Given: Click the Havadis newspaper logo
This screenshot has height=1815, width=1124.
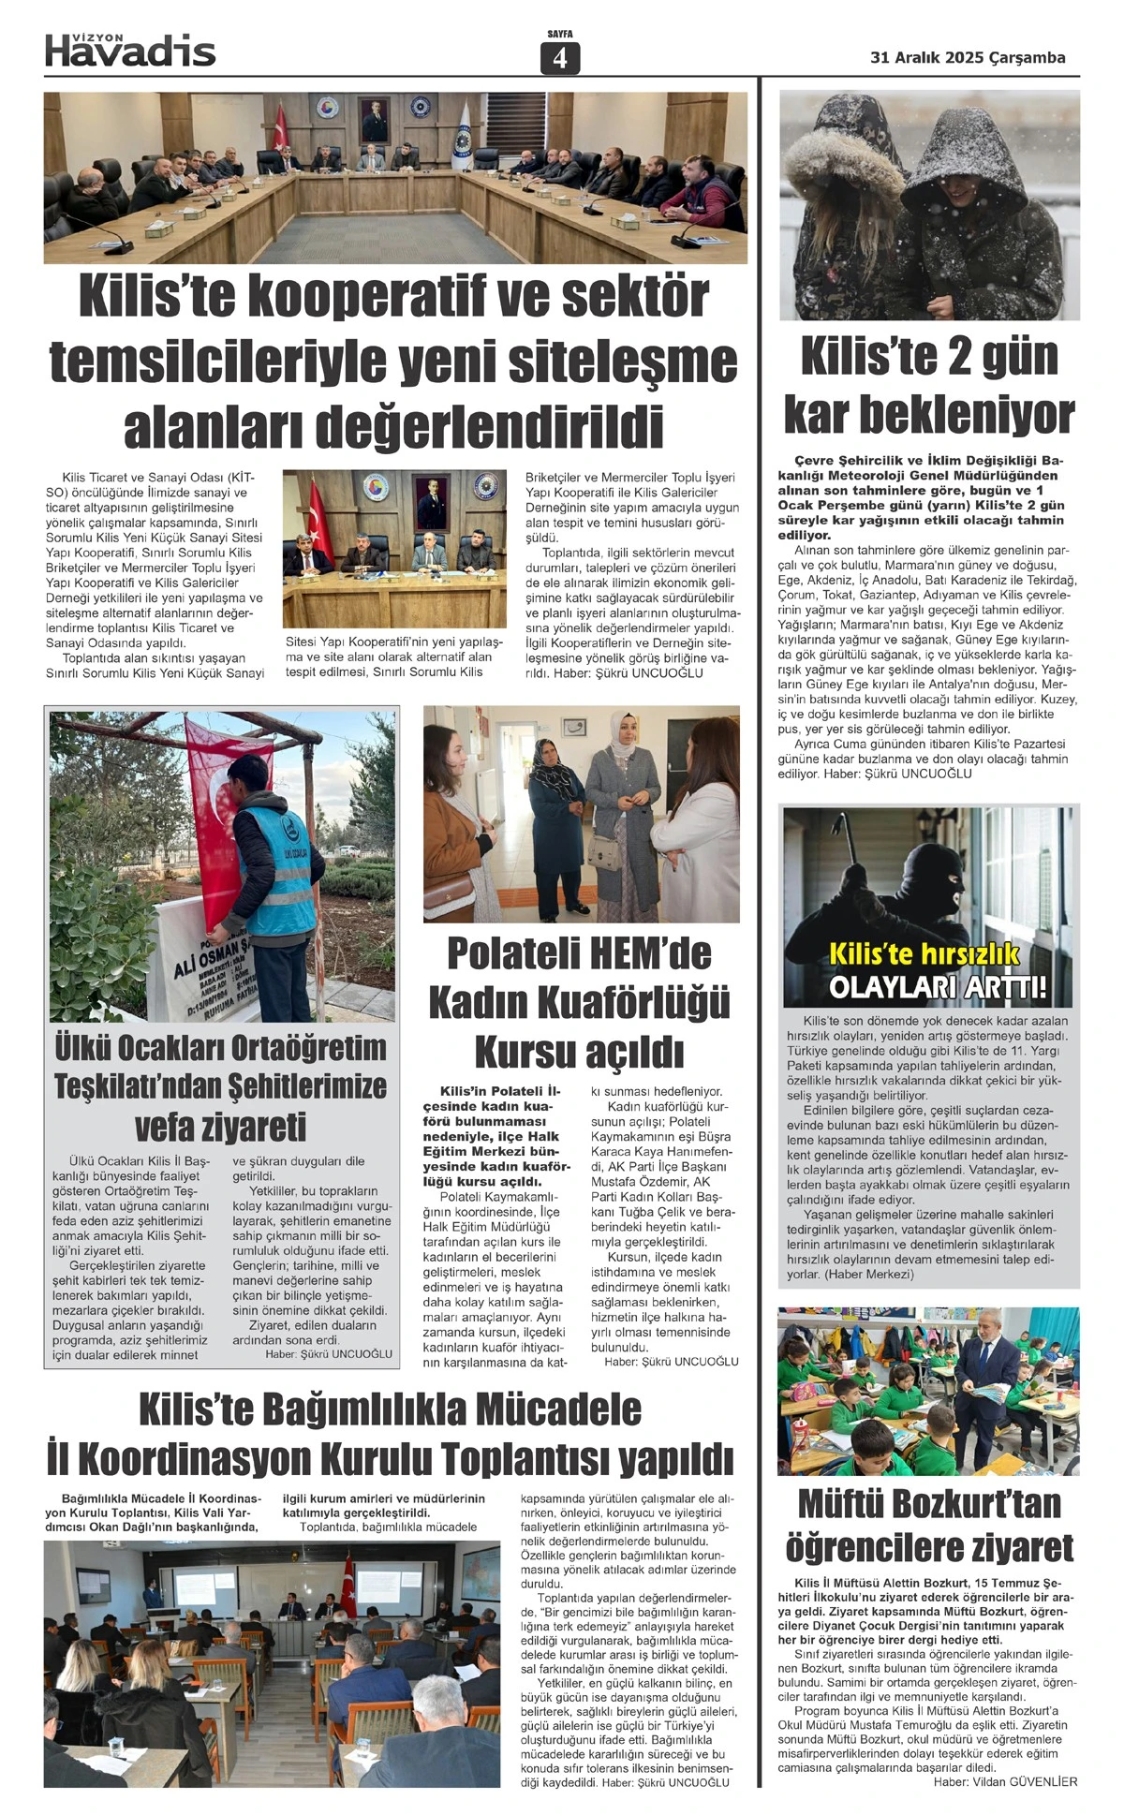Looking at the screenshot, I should pos(130,51).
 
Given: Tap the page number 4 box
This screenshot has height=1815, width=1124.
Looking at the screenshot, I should pos(560,58).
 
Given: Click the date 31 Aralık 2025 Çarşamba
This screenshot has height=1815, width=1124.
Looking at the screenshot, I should pos(968,57).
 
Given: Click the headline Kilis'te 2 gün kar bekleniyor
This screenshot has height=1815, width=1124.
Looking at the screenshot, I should pos(929,386).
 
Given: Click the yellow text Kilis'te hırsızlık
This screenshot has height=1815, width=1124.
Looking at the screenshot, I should pos(924,955).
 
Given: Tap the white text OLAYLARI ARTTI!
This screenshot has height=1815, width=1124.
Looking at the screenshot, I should pos(937,987).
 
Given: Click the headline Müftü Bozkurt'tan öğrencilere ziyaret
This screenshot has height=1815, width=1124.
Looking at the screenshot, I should pos(929,1525).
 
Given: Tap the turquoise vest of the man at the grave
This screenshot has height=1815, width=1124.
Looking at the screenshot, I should pos(275,871).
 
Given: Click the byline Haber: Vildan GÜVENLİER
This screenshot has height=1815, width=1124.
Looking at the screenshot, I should pos(1005,1782).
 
